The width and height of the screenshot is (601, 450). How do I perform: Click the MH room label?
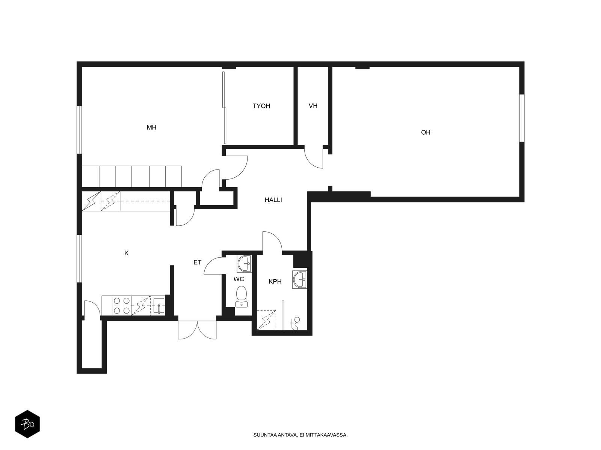pyautogui.click(x=151, y=127)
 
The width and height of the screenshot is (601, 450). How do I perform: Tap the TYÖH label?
pyautogui.click(x=261, y=106)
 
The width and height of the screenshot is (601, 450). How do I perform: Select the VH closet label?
pyautogui.click(x=313, y=106)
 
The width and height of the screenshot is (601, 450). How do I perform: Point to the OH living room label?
pyautogui.click(x=426, y=132)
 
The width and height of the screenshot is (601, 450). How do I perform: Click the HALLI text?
pyautogui.click(x=273, y=200)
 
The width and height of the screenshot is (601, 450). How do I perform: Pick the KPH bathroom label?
pyautogui.click(x=275, y=281)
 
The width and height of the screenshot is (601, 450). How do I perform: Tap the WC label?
pyautogui.click(x=239, y=279)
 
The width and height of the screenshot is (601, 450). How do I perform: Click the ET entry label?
pyautogui.click(x=198, y=262)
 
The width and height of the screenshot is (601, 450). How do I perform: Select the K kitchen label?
pyautogui.click(x=126, y=253)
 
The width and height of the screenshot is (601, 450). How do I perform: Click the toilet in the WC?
pyautogui.click(x=241, y=297)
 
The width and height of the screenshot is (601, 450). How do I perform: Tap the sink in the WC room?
pyautogui.click(x=244, y=264)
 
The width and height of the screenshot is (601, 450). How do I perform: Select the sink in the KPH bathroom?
pyautogui.click(x=299, y=279)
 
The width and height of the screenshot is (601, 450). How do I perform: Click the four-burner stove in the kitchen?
pyautogui.click(x=122, y=306)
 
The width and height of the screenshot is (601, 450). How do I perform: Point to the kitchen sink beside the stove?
pyautogui.click(x=159, y=306)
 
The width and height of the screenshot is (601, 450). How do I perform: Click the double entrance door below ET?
pyautogui.click(x=197, y=330)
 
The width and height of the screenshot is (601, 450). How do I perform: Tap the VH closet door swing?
pyautogui.click(x=314, y=159)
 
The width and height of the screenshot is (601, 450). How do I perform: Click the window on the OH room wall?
pyautogui.click(x=522, y=118)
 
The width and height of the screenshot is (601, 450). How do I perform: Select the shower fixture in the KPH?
pyautogui.click(x=295, y=324)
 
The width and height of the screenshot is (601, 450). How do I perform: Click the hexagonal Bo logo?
pyautogui.click(x=27, y=424)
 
